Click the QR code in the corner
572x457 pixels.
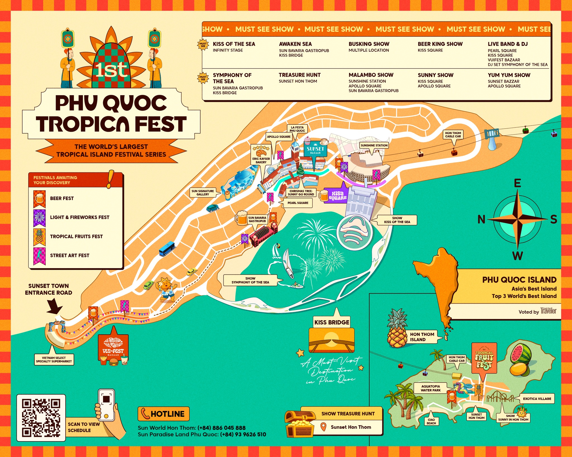pyautogui.click(x=41, y=418)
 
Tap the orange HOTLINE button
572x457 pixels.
pyautogui.click(x=163, y=414)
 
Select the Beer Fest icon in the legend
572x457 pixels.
pyautogui.click(x=39, y=199)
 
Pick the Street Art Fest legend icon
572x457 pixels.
pyautogui.click(x=39, y=256)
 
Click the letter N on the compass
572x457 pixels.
pyautogui.click(x=481, y=220)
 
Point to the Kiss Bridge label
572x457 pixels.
pyautogui.click(x=332, y=322)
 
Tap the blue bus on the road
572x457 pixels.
pyautogui.click(x=167, y=248)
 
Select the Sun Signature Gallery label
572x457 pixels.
pyautogui.click(x=203, y=193)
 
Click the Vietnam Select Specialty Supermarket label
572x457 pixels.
pyautogui.click(x=54, y=360)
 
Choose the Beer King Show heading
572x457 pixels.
pyautogui.click(x=440, y=44)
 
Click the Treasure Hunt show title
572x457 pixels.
pyautogui.click(x=299, y=75)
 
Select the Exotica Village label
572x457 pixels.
pyautogui.click(x=537, y=399)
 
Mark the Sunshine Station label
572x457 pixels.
pyautogui.click(x=374, y=145)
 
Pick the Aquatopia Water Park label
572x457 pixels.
pyautogui.click(x=430, y=388)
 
